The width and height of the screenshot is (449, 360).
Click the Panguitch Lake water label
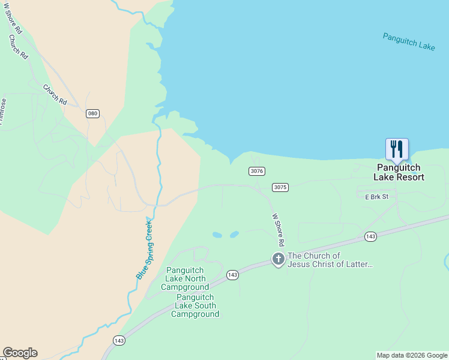click(409, 41)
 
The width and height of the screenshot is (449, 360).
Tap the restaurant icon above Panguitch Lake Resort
click(397, 149)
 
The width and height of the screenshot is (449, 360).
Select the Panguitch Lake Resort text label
click(399, 173)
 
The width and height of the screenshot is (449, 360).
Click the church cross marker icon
click(278, 259)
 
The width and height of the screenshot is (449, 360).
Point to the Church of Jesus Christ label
click(330, 260)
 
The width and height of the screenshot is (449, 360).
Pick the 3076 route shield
click(256, 171)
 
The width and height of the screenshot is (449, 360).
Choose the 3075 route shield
click(280, 187)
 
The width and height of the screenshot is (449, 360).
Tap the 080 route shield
click(92, 113)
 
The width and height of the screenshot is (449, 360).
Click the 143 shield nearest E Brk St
click(370, 237)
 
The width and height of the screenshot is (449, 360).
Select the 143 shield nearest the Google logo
click(119, 340)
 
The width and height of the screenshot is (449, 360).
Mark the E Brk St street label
click(373, 196)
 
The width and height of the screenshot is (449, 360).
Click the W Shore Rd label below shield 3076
click(277, 230)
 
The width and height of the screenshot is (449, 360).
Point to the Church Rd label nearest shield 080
click(55, 95)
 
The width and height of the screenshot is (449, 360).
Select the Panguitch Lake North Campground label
click(185, 278)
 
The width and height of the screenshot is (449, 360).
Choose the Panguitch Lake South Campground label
click(196, 305)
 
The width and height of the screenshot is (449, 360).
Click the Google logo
click(20, 353)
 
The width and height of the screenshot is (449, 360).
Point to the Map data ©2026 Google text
click(412, 355)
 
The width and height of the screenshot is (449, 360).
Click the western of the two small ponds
click(217, 235)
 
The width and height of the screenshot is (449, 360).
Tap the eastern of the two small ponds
click(234, 234)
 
